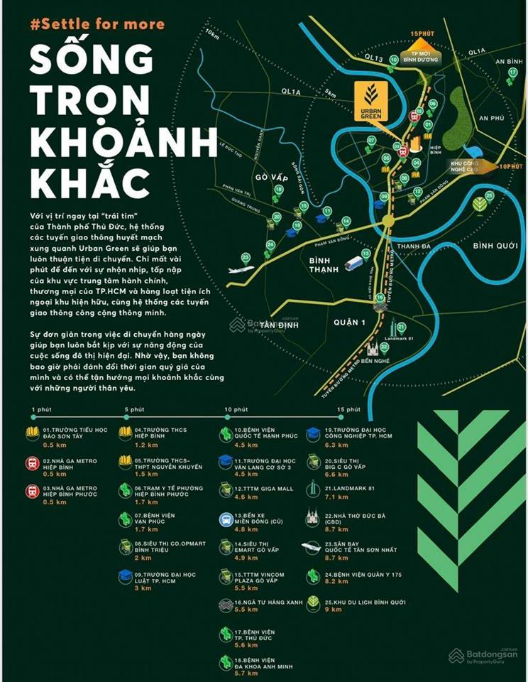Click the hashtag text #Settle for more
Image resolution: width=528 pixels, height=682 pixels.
coord(98,24)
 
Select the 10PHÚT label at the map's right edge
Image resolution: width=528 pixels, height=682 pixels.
coord(510,166)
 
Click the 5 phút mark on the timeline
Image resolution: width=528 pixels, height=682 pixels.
coord(134,410)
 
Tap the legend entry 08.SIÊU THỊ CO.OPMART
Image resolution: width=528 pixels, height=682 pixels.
coord(163,547)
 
